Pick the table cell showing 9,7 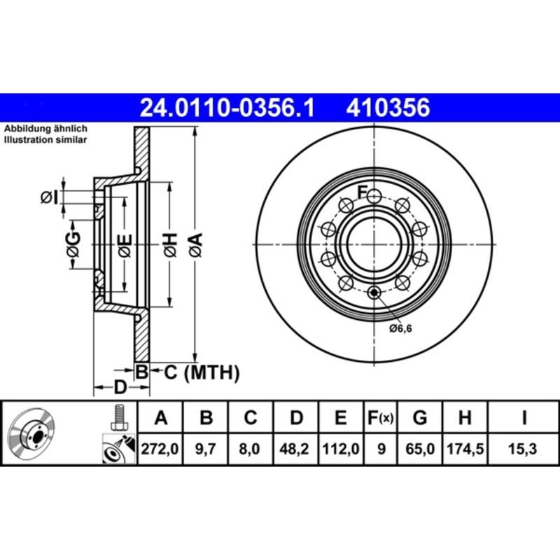[x=206, y=452]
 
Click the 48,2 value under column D [x=296, y=452]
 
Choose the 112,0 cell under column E [x=340, y=452]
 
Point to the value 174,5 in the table [x=464, y=452]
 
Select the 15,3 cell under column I [x=524, y=452]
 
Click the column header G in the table [x=420, y=419]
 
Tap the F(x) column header [x=381, y=419]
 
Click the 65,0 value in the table [x=420, y=452]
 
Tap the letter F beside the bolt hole [x=363, y=191]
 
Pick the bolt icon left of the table [x=118, y=419]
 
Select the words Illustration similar [x=45, y=140]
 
